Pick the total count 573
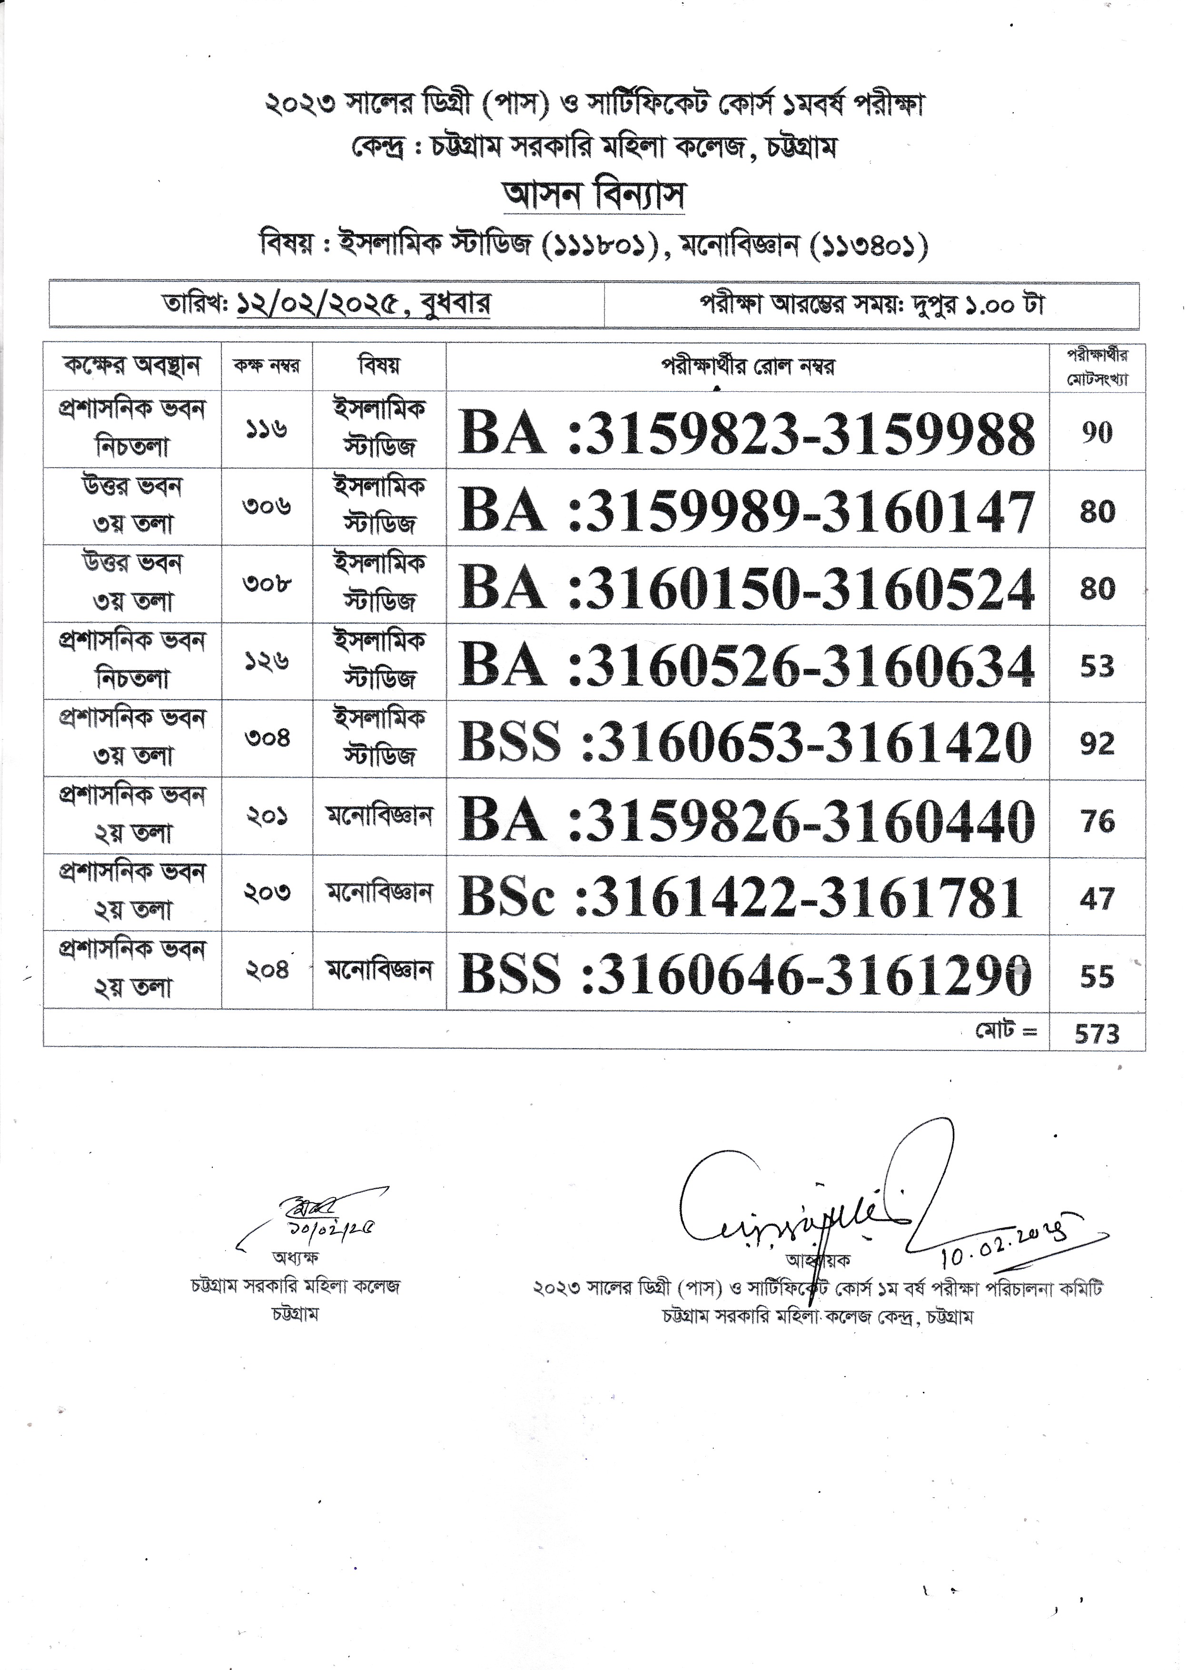click(1097, 1033)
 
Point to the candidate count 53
click(1097, 666)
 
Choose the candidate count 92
click(1097, 744)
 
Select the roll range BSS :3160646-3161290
click(746, 974)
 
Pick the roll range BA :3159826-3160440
click(746, 820)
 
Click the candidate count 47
click(1097, 898)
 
